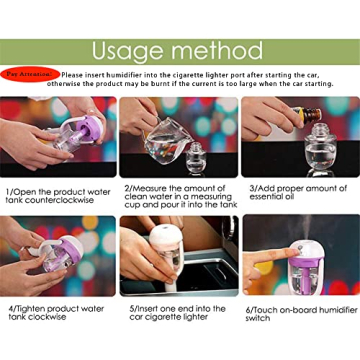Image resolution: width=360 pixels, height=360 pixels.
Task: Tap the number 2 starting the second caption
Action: [x=127, y=188]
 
